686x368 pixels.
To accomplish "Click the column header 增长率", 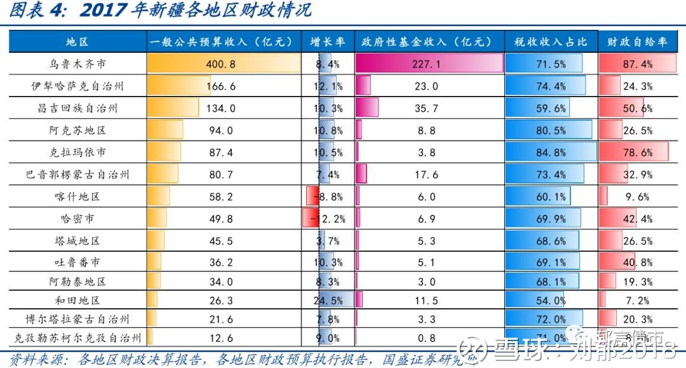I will (328, 42).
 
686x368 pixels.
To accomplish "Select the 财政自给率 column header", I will (636, 42).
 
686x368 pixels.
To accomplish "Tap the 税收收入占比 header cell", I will (551, 42).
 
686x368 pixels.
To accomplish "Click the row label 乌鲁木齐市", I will (77, 64).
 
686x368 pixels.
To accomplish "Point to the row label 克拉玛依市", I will (77, 153).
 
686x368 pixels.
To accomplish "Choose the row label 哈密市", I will (77, 219).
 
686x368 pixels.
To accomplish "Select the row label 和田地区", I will (77, 300).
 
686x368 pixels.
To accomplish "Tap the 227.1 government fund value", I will (426, 64).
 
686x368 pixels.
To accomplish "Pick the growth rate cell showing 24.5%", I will (328, 300).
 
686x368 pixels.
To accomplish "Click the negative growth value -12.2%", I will (327, 219).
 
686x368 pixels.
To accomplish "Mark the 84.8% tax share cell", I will (551, 153).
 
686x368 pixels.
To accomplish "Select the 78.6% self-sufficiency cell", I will (637, 153).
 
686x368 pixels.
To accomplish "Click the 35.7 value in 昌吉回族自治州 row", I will (426, 109).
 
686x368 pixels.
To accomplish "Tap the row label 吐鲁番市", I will (77, 262).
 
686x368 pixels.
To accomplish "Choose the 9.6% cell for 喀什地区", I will (637, 197).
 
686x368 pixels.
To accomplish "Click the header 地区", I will (77, 42).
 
